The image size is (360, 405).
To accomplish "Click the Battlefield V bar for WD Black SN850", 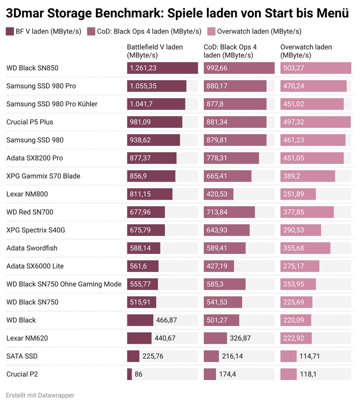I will (162, 68).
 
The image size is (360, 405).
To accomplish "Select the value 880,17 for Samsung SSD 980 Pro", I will (217, 86).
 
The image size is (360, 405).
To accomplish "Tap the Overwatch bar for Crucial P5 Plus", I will (315, 122).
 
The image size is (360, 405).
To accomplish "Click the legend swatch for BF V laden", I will (10, 32).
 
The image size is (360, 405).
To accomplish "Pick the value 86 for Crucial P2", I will (138, 374).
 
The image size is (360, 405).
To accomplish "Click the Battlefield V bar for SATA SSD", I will (133, 356).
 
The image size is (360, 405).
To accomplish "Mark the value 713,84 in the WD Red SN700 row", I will (217, 212).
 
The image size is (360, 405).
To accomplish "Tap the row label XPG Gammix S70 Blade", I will (43, 176).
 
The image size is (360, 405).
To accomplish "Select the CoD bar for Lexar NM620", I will (215, 338).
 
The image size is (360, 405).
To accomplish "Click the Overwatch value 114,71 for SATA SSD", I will (310, 356).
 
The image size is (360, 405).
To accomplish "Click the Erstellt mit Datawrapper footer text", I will (40, 395).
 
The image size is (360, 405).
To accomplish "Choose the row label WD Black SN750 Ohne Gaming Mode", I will (64, 284).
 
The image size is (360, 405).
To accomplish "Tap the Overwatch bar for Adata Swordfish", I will (305, 248).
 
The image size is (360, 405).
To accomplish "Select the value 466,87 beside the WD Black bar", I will (166, 320).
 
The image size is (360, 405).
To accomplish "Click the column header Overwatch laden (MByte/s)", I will (306, 51).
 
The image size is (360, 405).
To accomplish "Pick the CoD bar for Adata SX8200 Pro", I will (231, 158).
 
